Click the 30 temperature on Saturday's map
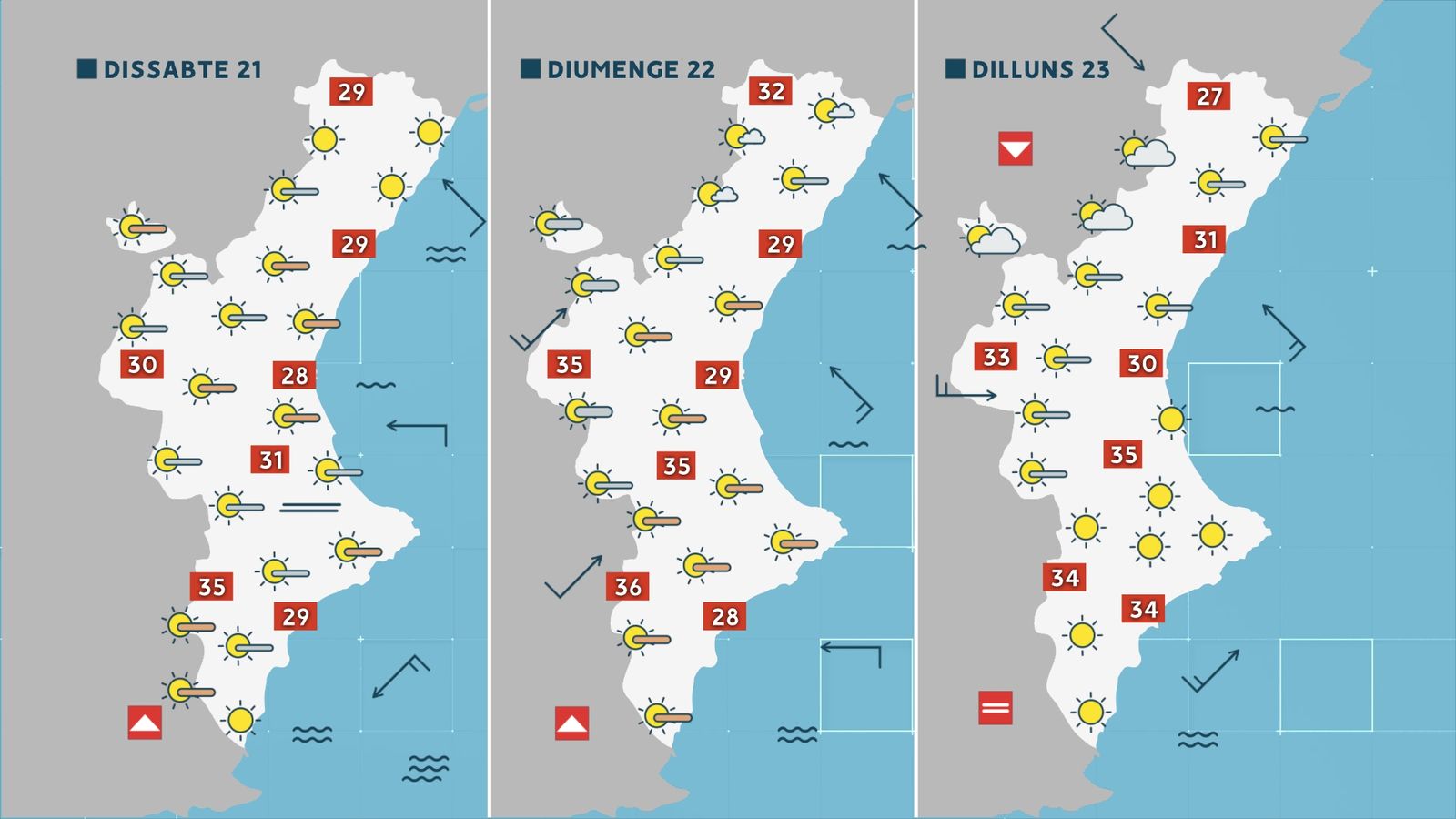tap(142, 365)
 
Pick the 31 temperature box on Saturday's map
tap(271, 460)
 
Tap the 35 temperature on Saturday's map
tap(211, 587)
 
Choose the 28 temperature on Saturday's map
tap(294, 375)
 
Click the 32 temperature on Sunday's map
tap(771, 91)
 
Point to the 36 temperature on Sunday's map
tap(628, 587)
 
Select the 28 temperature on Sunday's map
tap(724, 617)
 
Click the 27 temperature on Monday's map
tap(1208, 96)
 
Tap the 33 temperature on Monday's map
tap(996, 357)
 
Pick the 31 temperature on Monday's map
tap(1205, 239)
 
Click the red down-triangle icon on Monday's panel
tap(1015, 148)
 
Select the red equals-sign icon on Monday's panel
tap(995, 707)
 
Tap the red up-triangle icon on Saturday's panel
tap(145, 723)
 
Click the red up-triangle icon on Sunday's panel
tap(571, 723)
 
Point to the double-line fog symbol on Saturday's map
tap(309, 507)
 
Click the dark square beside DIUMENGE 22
tap(531, 69)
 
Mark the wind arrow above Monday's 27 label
tap(1123, 42)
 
